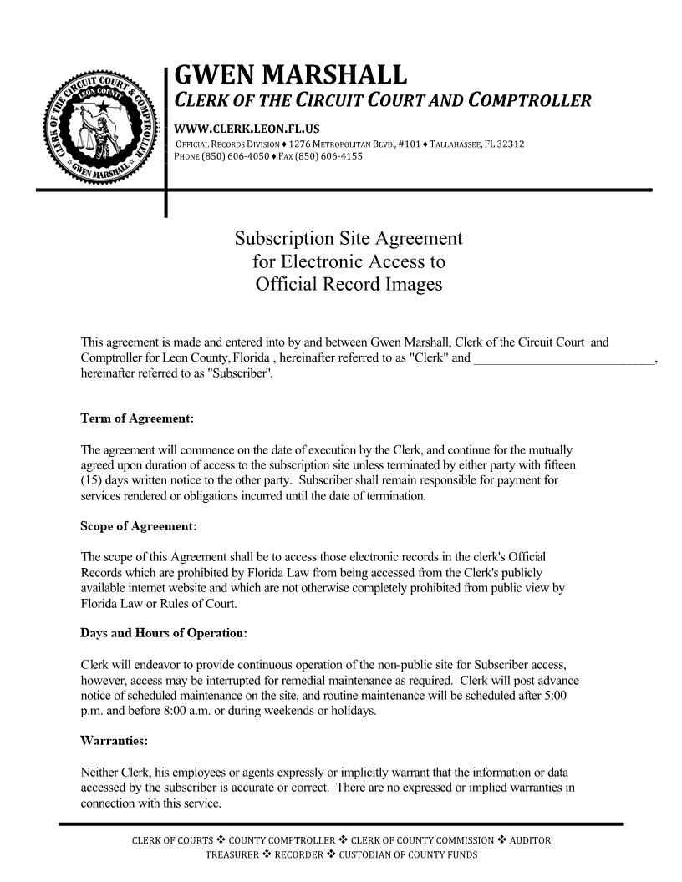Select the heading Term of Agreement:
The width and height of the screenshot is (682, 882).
coord(137,417)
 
